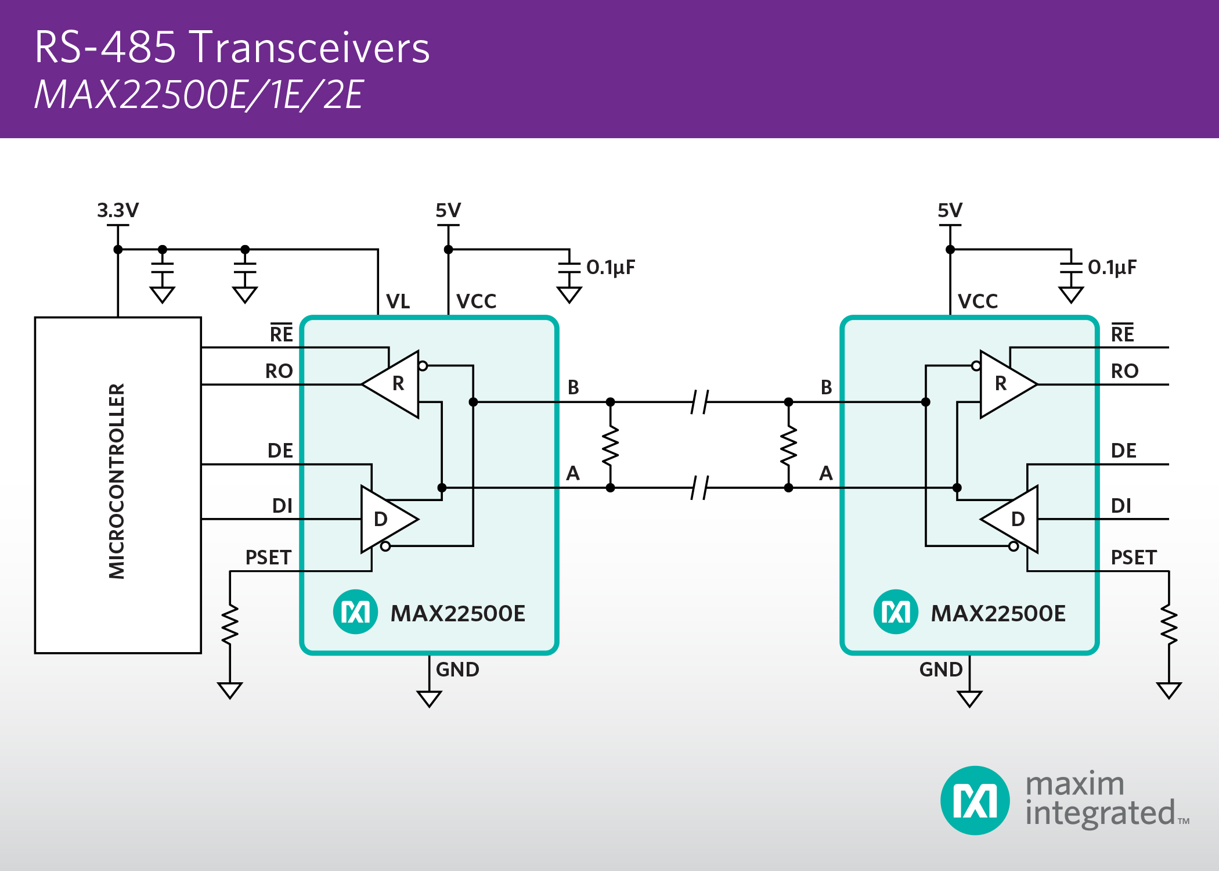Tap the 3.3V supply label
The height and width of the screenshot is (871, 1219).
click(x=118, y=210)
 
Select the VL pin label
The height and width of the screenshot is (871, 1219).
click(x=398, y=301)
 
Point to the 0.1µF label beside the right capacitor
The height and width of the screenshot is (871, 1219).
click(x=1112, y=267)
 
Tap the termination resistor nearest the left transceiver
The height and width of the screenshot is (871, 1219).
click(x=610, y=445)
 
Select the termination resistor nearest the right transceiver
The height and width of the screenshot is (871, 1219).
click(x=788, y=445)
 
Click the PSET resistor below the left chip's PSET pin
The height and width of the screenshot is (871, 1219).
click(x=230, y=624)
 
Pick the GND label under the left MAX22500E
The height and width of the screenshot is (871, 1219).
click(x=457, y=670)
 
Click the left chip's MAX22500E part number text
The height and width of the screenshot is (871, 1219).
click(x=457, y=613)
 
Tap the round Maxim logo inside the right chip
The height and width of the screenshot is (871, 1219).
click(x=896, y=612)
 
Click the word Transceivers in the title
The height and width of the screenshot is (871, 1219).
click(x=310, y=48)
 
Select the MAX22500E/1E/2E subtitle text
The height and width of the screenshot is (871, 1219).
click(x=199, y=95)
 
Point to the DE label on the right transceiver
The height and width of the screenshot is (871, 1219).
click(x=1123, y=451)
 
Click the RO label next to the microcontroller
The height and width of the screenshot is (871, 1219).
click(x=279, y=371)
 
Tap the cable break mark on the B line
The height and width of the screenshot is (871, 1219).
click(x=699, y=402)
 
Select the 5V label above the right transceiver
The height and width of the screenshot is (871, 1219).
click(x=950, y=210)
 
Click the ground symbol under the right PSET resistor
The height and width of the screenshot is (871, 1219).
click(x=1168, y=690)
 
